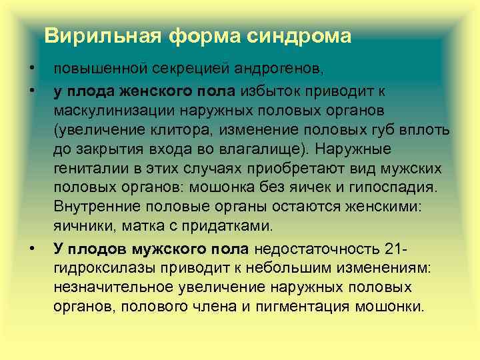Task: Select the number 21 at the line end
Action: point(391,249)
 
